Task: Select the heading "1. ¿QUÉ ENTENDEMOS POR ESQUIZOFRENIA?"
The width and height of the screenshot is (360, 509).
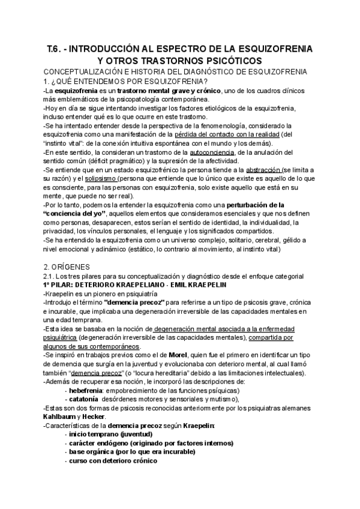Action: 126,82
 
